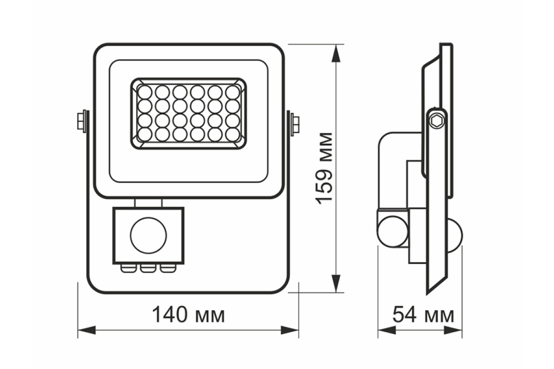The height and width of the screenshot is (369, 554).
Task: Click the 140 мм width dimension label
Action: coord(188,315)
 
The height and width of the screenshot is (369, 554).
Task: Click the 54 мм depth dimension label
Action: coord(423,315)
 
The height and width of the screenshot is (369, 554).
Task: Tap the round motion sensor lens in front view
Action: coord(148,235)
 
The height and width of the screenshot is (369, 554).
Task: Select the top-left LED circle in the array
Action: coord(145,92)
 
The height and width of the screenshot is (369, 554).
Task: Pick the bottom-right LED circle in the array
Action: coord(233,135)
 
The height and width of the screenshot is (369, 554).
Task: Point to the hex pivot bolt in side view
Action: coord(437,121)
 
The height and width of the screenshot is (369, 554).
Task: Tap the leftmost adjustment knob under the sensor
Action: coord(128,268)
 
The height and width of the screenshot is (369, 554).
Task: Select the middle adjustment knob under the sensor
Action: coord(148,268)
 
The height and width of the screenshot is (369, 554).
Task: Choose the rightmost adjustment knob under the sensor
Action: coord(168,268)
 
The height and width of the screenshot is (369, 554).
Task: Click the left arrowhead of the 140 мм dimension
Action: coord(87,330)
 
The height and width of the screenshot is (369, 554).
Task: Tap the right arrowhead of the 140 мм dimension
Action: coord(289,330)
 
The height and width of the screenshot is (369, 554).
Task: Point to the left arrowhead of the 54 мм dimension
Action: coord(387,330)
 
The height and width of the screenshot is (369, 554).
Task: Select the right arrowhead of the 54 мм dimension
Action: coord(453,330)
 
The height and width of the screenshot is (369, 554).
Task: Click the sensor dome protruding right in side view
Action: coord(455,236)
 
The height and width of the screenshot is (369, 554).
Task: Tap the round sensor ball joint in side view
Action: coord(393,232)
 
